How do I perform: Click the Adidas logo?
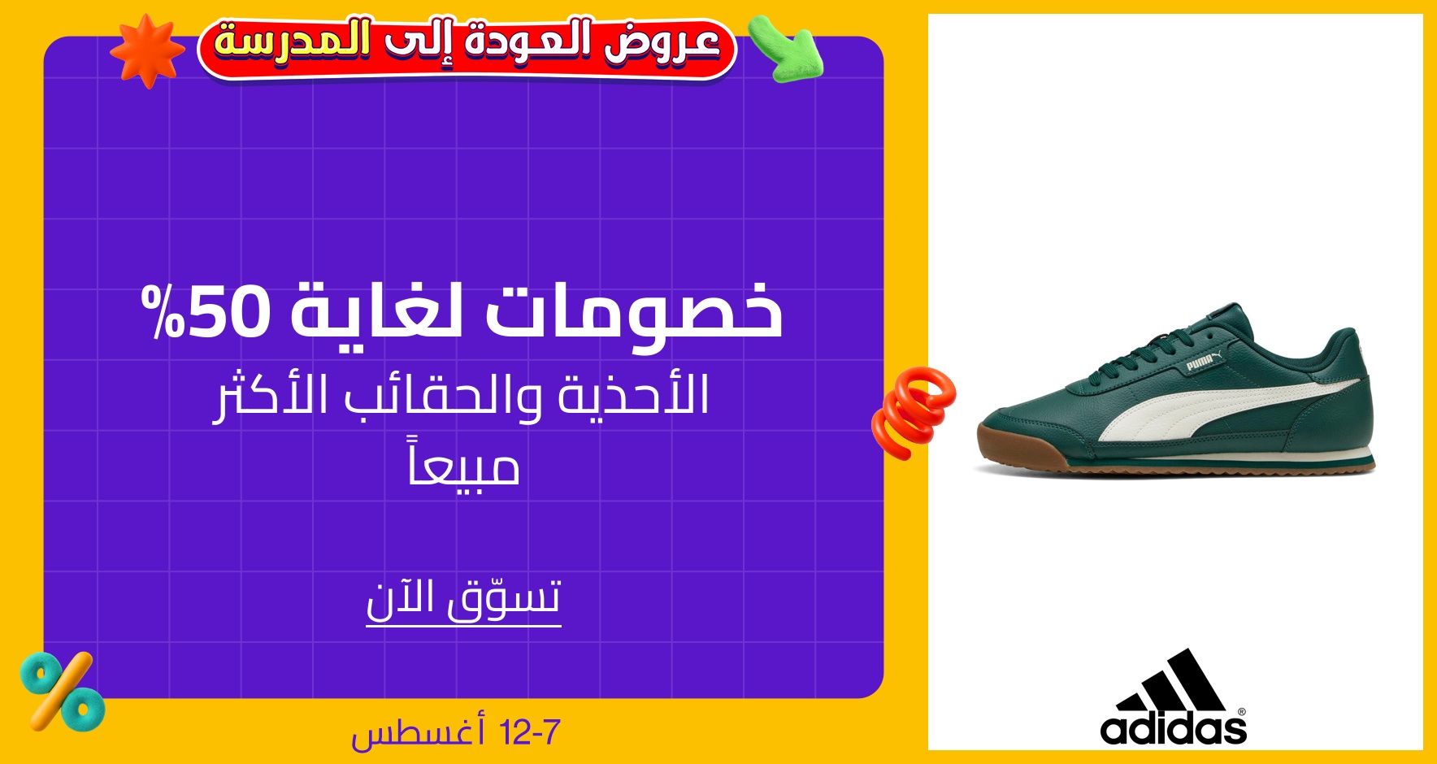pos(1173,697)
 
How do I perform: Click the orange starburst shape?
pos(147,50)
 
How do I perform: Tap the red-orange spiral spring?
pos(913,411)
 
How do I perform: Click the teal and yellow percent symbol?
pos(62,692)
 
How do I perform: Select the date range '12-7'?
pos(531,733)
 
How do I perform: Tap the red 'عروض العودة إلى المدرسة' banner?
pos(467,47)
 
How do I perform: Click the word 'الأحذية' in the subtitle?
pos(634,394)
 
